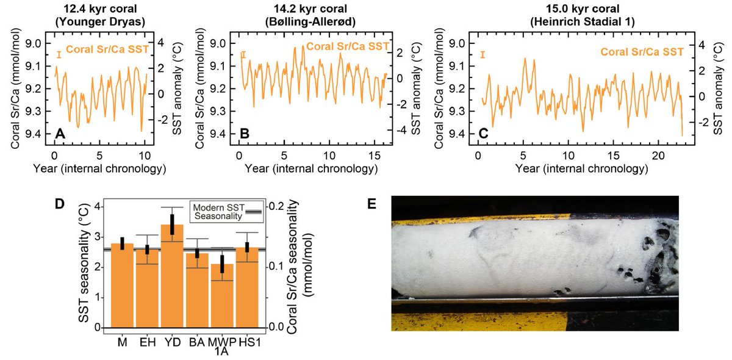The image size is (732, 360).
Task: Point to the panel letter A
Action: click(59, 133)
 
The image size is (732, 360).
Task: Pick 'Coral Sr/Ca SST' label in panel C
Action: click(641, 53)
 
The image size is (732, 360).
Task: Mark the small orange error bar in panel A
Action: click(59, 56)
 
